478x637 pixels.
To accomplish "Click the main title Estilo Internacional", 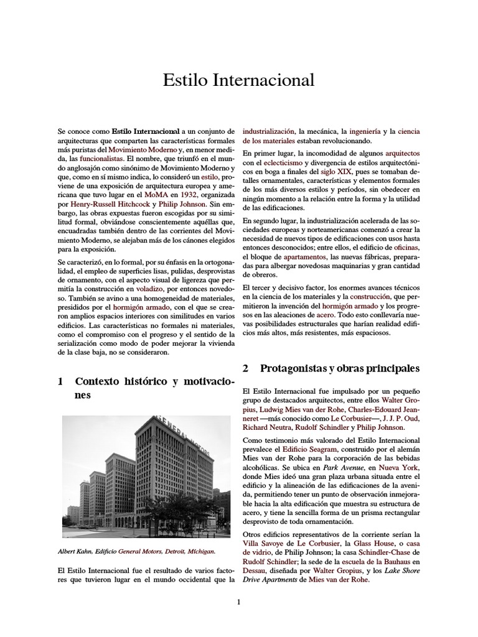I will tap(238, 80).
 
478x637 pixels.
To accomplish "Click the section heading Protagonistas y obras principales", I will tap(339, 368).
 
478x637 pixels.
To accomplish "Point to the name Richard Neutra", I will tap(265, 427).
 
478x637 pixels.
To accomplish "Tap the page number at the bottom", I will tap(238, 602).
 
